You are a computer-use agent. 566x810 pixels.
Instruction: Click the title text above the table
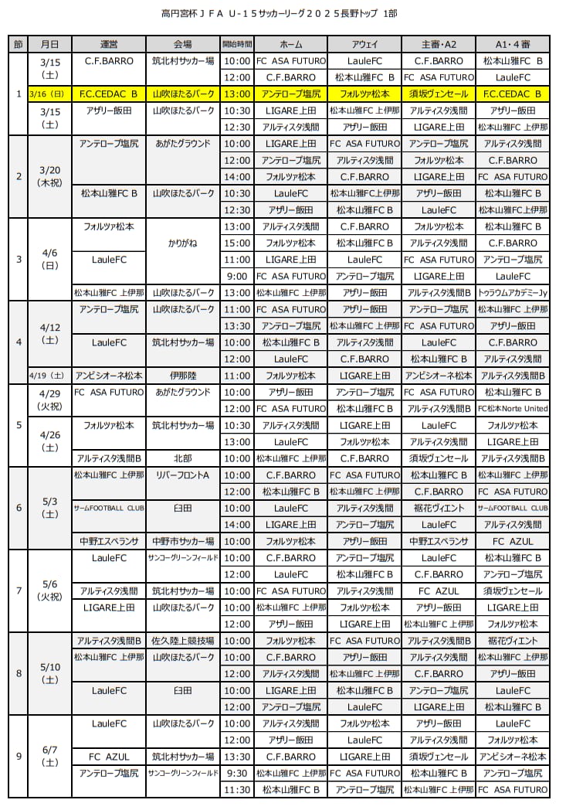[283, 14]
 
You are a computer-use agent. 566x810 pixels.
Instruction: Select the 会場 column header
[183, 44]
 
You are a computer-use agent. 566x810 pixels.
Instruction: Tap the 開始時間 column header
[236, 44]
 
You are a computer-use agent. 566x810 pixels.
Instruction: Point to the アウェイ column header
[364, 44]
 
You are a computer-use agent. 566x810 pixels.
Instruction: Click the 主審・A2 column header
[438, 44]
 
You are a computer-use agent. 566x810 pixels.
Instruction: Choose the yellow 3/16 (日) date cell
[49, 94]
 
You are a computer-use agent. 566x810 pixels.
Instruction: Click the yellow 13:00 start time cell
[236, 94]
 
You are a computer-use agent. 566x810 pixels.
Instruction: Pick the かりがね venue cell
[183, 243]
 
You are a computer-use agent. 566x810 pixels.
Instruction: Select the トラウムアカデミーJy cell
[512, 293]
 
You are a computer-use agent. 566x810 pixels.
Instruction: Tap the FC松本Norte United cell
[512, 409]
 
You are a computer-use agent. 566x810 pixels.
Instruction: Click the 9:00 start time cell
[236, 276]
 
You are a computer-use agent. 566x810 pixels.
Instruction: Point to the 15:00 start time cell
[236, 243]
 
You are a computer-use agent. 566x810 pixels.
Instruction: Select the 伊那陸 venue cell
[183, 376]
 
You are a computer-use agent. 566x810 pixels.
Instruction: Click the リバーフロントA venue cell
[183, 475]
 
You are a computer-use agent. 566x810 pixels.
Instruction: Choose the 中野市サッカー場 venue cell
[183, 541]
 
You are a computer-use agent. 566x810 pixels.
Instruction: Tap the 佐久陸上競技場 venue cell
[183, 641]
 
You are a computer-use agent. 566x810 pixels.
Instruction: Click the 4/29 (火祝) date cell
[49, 400]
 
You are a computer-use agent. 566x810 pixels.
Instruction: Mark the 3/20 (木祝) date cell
[49, 176]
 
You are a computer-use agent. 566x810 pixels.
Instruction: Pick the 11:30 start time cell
[236, 789]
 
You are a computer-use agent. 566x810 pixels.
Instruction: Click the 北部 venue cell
[183, 458]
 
